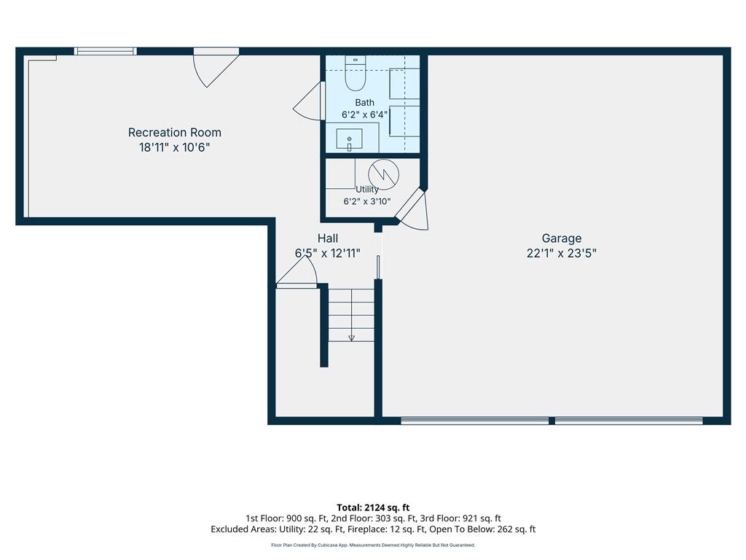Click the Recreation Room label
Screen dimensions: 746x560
(x=175, y=133)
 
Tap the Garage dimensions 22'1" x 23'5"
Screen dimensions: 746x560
(x=562, y=253)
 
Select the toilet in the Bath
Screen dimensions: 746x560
(x=355, y=74)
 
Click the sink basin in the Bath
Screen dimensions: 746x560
(x=349, y=139)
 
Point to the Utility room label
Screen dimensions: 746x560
(x=367, y=189)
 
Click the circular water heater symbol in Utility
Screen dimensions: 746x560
(x=383, y=174)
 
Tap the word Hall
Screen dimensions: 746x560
(x=328, y=238)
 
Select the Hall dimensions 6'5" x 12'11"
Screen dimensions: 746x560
(x=328, y=253)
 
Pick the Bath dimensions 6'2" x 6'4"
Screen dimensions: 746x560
(x=364, y=114)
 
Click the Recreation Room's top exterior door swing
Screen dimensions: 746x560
(x=216, y=68)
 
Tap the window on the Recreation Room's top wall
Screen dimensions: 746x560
(x=105, y=51)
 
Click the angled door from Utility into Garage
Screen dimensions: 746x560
(x=413, y=209)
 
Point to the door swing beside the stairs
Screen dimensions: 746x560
(x=297, y=272)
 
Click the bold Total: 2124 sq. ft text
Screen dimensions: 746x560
(x=373, y=507)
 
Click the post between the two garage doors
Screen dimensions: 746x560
(x=552, y=421)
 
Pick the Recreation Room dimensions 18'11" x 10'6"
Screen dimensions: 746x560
(x=174, y=147)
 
